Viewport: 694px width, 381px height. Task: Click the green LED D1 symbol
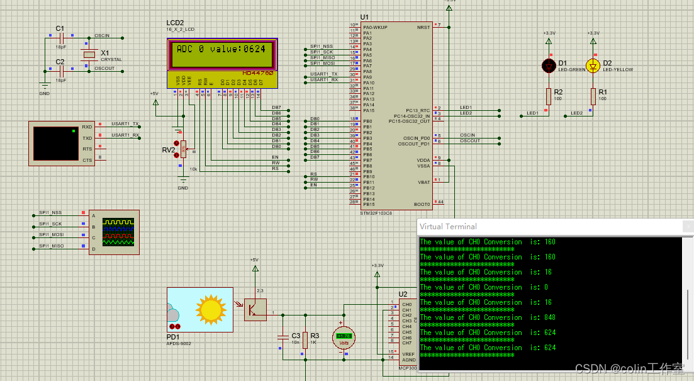pos(549,65)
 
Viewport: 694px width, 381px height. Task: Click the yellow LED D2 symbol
pos(593,65)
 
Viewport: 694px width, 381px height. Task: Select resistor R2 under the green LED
pos(549,96)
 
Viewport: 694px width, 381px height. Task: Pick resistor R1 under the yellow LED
pos(593,96)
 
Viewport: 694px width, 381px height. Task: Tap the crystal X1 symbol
pos(89,55)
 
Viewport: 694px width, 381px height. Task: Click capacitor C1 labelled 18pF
pos(61,38)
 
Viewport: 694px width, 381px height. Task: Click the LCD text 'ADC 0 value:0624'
pos(221,49)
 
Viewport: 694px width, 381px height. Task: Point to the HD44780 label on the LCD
pos(257,73)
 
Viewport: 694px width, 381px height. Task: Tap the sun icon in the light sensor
pos(210,309)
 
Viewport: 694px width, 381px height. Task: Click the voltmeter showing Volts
pos(344,337)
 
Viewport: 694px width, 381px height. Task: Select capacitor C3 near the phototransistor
pos(282,340)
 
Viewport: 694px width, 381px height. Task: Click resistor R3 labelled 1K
pos(305,340)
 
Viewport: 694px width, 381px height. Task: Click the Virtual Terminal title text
pos(448,227)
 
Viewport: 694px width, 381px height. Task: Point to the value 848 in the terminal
pos(550,317)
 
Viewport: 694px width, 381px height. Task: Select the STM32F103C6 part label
pos(377,213)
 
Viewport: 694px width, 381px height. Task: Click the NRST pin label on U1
pos(423,27)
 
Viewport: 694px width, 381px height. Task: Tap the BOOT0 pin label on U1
pos(422,204)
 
